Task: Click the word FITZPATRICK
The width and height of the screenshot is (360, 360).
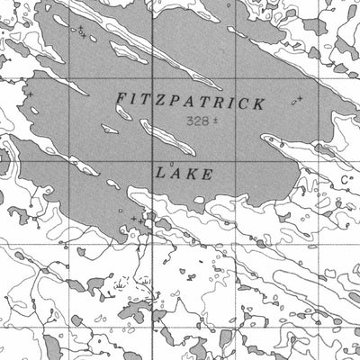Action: tap(191, 103)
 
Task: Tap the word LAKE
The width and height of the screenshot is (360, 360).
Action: tap(184, 174)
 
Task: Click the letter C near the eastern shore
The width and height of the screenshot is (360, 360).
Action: tap(344, 180)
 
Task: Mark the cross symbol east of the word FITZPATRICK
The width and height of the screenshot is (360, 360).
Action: tap(300, 97)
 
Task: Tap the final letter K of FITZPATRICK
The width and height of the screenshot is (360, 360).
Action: tap(260, 104)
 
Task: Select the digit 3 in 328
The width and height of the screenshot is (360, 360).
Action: tap(189, 121)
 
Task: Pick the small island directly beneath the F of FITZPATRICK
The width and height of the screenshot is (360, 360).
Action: tap(111, 130)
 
